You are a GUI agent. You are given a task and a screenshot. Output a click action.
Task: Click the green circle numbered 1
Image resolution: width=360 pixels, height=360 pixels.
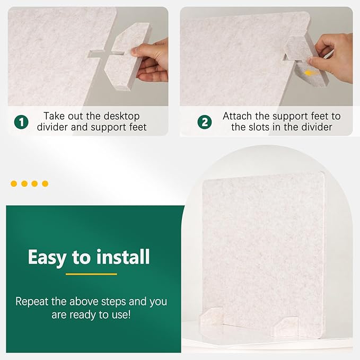[x=21, y=122]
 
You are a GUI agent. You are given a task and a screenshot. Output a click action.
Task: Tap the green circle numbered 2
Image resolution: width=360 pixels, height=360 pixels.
[x=205, y=122]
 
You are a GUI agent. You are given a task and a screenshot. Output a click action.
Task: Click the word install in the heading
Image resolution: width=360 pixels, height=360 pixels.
[x=123, y=257]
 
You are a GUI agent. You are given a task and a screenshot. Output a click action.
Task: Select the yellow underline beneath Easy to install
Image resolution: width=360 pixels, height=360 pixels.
[x=91, y=274]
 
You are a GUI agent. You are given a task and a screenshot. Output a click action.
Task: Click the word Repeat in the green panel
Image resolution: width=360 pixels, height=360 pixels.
[x=32, y=302]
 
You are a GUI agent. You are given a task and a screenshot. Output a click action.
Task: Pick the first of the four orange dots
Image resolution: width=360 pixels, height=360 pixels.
[x=14, y=183]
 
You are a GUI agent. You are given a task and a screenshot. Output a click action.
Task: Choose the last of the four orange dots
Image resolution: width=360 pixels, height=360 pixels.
[x=45, y=183]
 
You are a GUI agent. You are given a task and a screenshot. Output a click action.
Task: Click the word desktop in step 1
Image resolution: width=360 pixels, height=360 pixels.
[x=121, y=117]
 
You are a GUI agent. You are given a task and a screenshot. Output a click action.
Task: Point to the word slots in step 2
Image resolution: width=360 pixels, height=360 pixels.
[x=258, y=127]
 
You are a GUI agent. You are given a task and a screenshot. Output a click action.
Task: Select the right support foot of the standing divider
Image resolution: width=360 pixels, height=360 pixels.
[x=285, y=327]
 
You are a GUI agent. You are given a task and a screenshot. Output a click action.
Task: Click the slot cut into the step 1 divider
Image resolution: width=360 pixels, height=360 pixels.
[x=95, y=54]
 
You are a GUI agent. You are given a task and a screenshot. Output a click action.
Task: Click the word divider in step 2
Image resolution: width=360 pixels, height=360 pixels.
[x=317, y=127]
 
